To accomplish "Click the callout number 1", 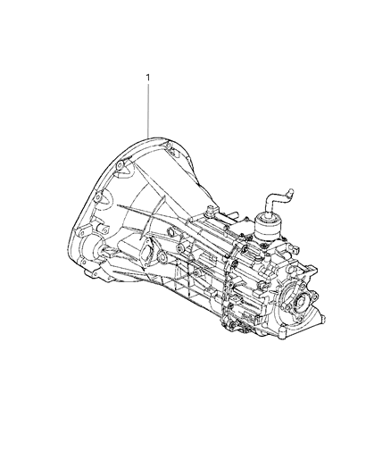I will [x=149, y=79].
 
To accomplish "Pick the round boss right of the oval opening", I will [x=166, y=260].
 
